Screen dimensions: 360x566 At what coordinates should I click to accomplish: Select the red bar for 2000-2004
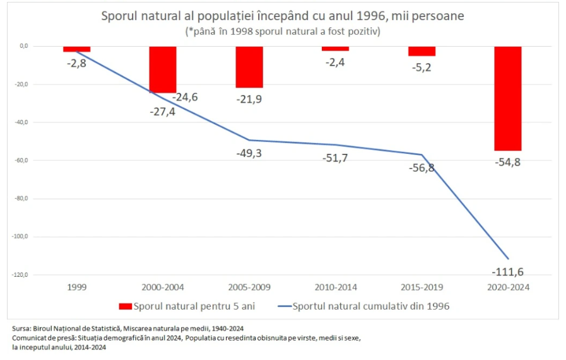coord(162,69)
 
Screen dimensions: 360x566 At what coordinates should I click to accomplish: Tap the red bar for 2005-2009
coord(249,67)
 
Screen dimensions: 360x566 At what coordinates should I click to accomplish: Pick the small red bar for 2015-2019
coord(422,51)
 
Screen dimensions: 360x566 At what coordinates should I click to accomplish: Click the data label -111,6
coord(507,272)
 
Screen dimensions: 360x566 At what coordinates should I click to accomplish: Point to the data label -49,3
coord(249,153)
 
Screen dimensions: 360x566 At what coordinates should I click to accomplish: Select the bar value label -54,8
coord(507,163)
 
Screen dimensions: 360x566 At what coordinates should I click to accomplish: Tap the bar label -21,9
coord(249,100)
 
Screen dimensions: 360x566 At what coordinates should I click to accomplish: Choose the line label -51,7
coord(335,158)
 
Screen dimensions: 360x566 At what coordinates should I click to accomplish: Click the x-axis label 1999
coord(76,287)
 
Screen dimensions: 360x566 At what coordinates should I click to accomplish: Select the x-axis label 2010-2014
coord(335,287)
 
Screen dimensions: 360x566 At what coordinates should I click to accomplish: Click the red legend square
coord(125,306)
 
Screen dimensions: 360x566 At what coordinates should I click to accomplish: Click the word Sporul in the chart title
coord(120,16)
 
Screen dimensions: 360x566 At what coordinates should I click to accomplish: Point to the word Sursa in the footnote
coord(21,328)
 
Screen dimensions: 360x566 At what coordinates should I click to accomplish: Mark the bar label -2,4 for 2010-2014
coord(335,62)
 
